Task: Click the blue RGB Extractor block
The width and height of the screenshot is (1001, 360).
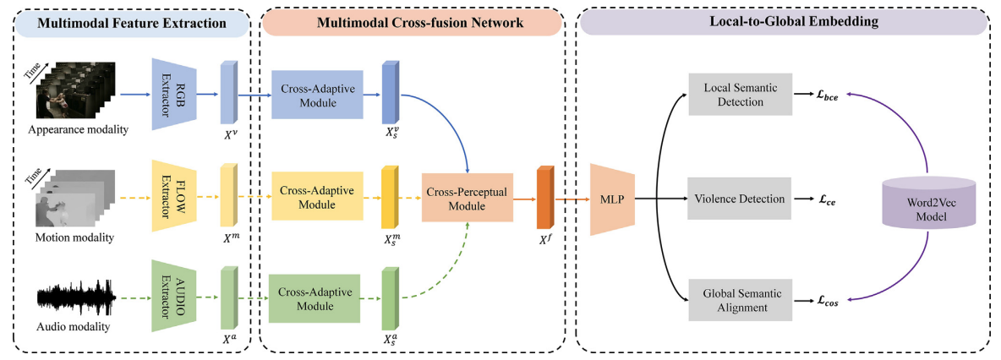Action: [172, 94]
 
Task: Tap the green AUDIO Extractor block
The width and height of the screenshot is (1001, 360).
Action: [172, 296]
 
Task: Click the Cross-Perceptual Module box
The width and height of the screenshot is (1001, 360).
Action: [468, 199]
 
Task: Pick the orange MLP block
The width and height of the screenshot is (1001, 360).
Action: [611, 199]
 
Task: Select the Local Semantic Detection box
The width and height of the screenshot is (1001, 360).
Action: [740, 95]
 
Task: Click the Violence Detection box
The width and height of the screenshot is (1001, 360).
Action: [740, 199]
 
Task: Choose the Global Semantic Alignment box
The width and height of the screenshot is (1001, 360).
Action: [740, 300]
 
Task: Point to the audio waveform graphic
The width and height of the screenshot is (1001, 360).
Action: [76, 297]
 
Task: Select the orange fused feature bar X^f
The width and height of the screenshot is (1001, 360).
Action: [544, 197]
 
